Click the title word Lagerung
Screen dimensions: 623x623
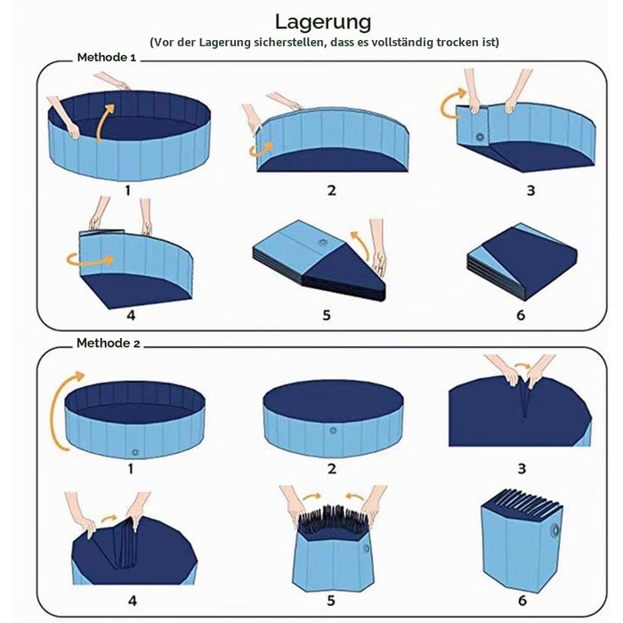(323, 22)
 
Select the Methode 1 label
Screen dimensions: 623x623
(107, 57)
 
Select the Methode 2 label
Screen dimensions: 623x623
(108, 343)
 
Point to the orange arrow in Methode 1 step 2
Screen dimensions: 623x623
(261, 149)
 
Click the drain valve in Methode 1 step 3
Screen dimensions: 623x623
(480, 137)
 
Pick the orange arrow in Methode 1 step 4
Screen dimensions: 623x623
(90, 260)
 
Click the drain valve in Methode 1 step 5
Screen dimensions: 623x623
(323, 243)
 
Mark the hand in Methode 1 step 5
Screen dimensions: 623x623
(378, 247)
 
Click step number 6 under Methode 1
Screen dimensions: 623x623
(521, 315)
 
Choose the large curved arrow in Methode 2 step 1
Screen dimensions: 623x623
(58, 409)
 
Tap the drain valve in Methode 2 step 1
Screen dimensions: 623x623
(135, 452)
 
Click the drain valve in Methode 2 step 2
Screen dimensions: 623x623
(333, 430)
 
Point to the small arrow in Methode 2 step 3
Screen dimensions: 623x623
(522, 364)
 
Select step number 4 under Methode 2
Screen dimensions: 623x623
(133, 601)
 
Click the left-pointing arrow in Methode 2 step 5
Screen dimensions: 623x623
(355, 497)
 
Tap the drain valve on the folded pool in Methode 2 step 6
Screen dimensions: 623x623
(554, 530)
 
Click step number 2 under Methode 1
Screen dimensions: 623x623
(332, 190)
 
